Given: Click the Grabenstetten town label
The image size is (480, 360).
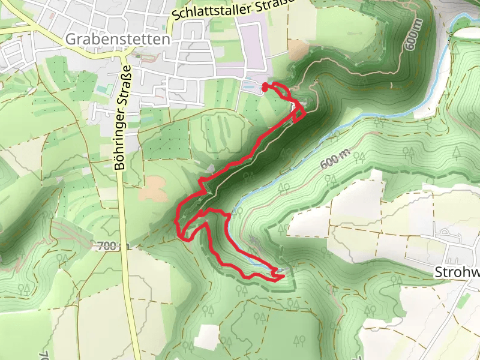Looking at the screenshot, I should coord(117,40).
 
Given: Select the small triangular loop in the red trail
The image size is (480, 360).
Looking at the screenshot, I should coord(299,113).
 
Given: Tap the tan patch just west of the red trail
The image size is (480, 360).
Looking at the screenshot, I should coord(153,189).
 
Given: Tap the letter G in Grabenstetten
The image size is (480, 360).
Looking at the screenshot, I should coord(71,40).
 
